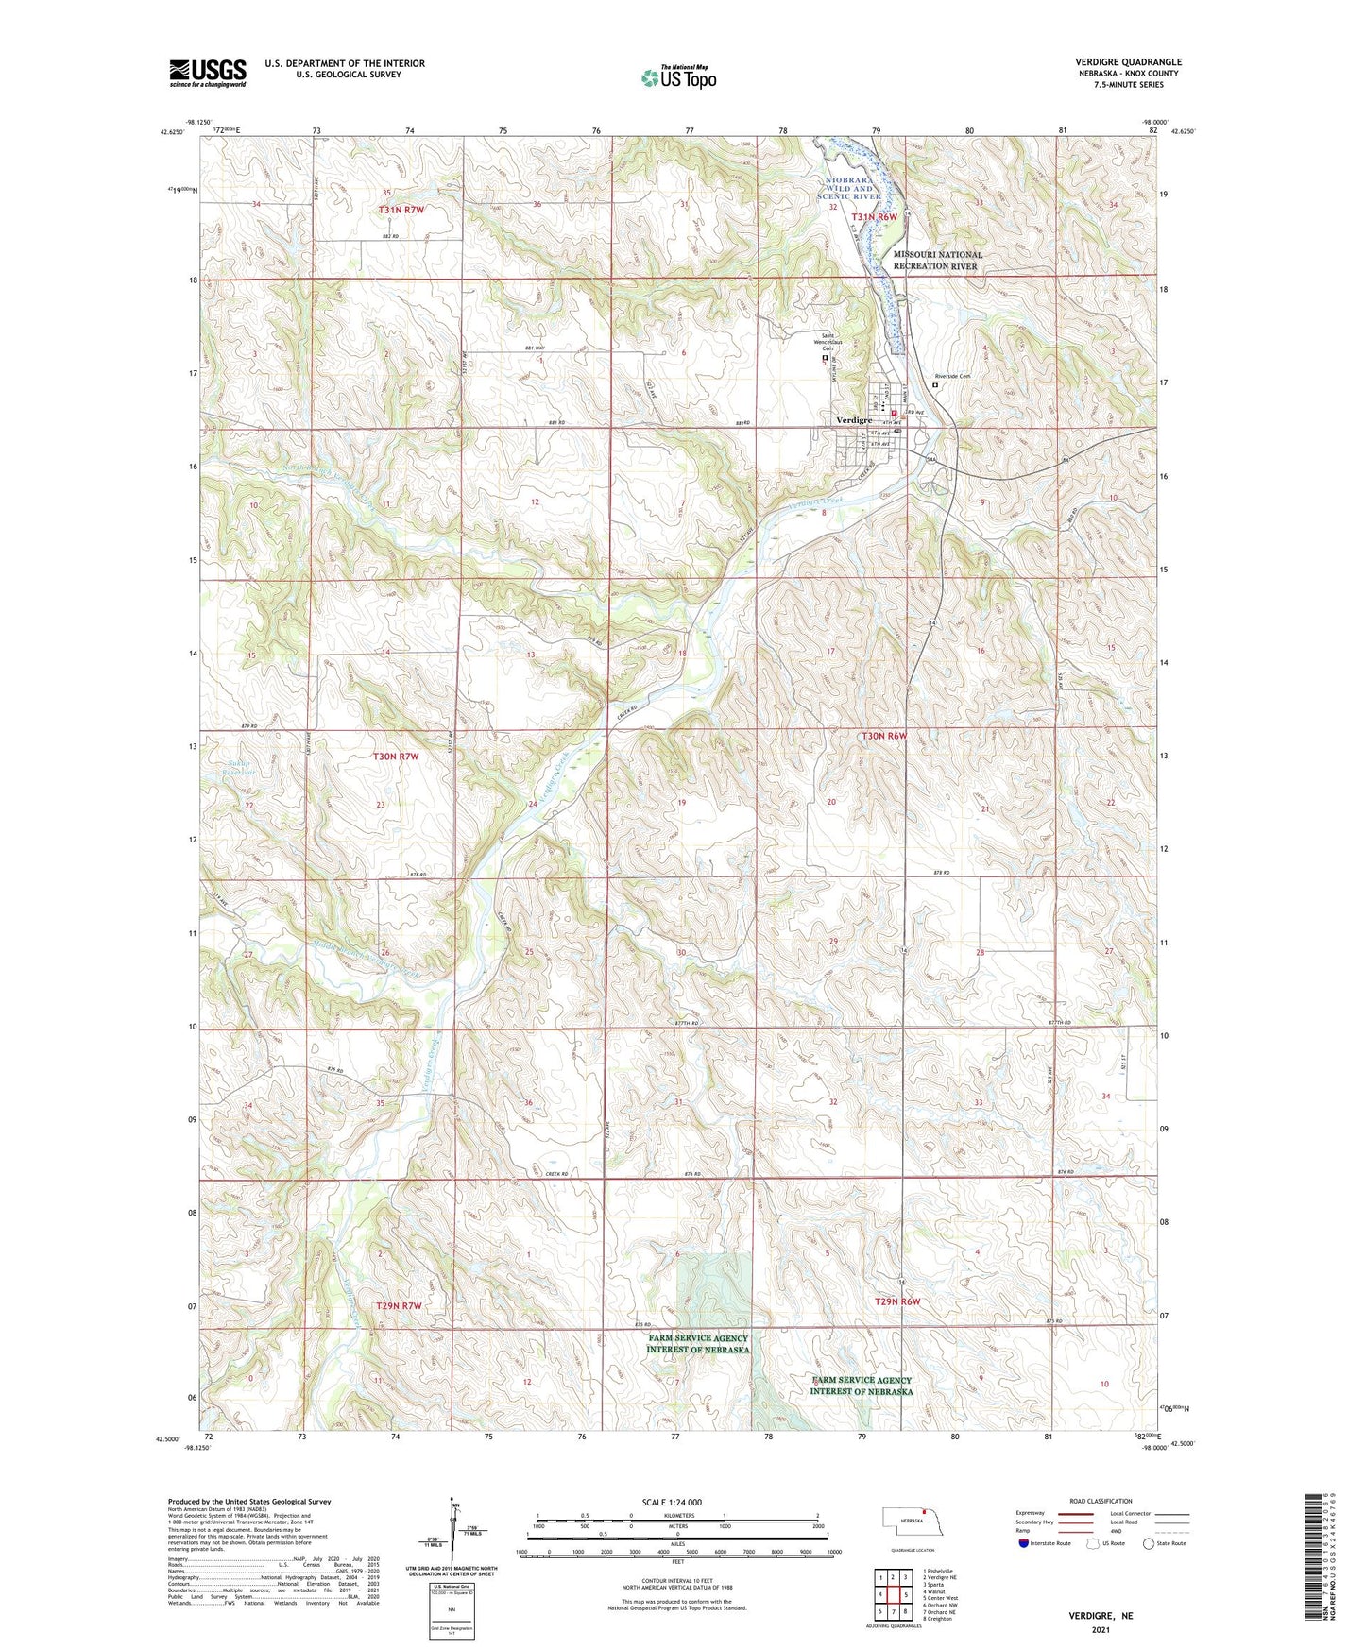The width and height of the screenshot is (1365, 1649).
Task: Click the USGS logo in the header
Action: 208,73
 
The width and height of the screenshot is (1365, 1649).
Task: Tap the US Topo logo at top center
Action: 678,77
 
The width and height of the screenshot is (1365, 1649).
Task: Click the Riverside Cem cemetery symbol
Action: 935,385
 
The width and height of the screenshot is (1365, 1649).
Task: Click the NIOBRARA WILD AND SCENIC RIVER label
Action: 849,187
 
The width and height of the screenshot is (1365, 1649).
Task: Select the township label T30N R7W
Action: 395,756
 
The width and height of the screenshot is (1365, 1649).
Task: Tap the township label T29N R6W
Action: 896,1301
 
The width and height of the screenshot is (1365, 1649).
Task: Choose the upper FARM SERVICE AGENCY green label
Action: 697,1343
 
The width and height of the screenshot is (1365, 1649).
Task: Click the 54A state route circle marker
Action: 930,460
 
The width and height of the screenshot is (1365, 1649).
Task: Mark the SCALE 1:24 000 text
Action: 672,1502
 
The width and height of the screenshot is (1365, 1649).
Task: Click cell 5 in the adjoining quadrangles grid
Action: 905,1594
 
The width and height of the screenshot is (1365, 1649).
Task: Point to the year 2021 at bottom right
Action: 1101,1629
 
